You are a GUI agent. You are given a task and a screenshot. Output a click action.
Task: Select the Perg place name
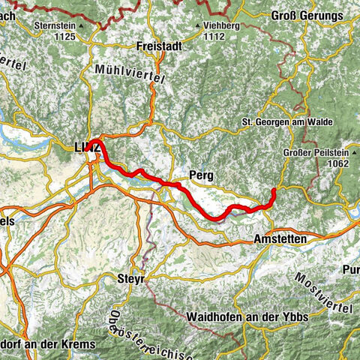(x=201, y=175)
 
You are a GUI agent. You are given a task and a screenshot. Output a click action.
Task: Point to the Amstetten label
(x=277, y=238)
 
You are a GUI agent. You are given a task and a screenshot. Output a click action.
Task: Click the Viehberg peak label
(x=223, y=25)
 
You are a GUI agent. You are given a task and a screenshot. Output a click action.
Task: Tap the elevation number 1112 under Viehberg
(x=217, y=35)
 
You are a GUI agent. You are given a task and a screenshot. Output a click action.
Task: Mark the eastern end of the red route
(x=274, y=191)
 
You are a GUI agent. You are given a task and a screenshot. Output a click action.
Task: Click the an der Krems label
(x=58, y=342)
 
